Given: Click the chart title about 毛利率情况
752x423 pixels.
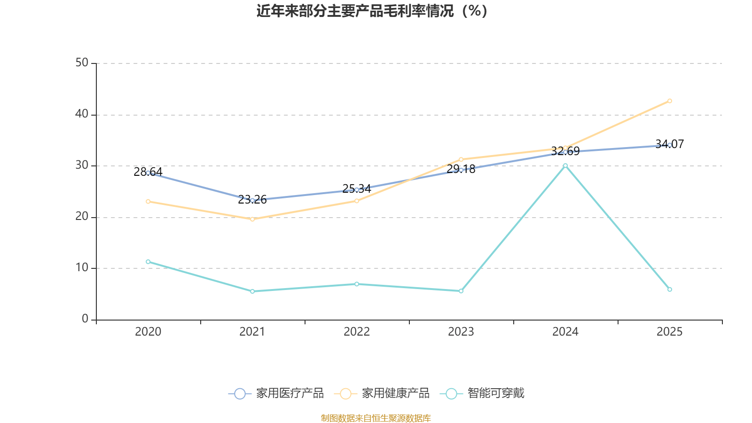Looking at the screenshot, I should coord(372,11).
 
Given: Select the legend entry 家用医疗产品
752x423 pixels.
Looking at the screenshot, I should coord(276,393).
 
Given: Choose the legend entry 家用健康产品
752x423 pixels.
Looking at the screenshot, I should coord(382,393).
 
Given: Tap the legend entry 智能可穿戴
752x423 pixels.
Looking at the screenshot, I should coord(483,393).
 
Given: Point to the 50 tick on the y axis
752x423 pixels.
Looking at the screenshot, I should coord(82,63).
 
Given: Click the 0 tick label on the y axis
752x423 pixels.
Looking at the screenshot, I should coord(85,319).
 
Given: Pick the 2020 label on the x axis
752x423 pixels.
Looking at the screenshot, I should coord(148,332).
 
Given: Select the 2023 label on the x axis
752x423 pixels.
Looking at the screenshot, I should coord(461,332).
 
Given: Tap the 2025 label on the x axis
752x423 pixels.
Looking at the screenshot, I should coord(669,332).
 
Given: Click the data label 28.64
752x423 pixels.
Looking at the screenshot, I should coord(148,172).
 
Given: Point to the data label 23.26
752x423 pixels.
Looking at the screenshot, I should coord(252,200).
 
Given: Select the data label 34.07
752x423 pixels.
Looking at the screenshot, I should coord(669,144).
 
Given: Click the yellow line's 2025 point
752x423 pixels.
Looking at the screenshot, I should coord(670,101).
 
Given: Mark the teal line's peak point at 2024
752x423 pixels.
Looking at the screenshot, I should coord(565,165).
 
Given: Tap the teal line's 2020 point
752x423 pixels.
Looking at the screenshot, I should coord(148,262).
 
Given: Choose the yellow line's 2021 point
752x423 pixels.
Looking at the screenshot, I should coord(252,219).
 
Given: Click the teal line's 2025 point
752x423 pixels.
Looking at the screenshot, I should coord(670,290).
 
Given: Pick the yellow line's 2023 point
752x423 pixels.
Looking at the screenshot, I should coord(461,159).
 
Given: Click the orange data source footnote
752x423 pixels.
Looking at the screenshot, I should coord(376,418).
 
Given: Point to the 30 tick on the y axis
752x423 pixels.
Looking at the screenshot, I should coord(82,165).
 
